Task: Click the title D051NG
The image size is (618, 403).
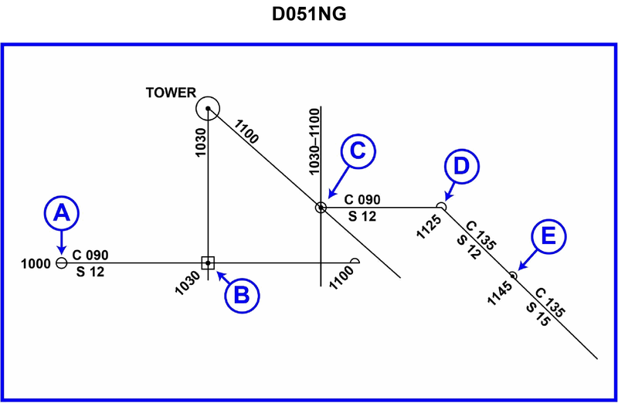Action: (308, 15)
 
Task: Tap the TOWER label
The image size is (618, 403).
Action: (171, 93)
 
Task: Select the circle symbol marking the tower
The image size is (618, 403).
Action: (208, 108)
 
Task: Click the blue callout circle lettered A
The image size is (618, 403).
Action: (62, 213)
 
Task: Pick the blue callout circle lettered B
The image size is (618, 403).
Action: (241, 293)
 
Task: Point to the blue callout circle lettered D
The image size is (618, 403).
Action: (461, 165)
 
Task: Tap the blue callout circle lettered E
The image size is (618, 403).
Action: (548, 235)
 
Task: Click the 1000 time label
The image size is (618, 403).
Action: (37, 263)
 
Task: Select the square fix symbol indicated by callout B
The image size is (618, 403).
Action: (208, 263)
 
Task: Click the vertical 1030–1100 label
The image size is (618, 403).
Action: (314, 141)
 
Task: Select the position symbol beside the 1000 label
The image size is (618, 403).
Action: (62, 263)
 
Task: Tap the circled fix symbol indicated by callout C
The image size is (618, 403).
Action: (321, 207)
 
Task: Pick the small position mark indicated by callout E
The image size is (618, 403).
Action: (513, 275)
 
